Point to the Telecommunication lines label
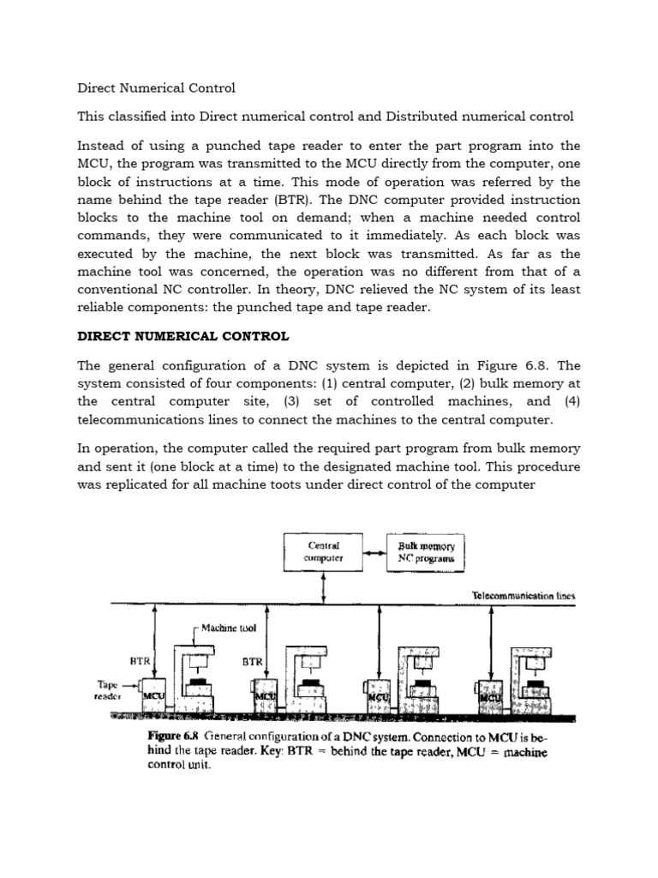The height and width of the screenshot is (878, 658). (524, 595)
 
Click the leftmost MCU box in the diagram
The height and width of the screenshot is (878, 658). (153, 696)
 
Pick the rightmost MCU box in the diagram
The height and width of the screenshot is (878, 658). (489, 697)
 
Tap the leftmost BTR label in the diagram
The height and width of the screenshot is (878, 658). (141, 662)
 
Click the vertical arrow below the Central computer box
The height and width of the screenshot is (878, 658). (324, 588)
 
